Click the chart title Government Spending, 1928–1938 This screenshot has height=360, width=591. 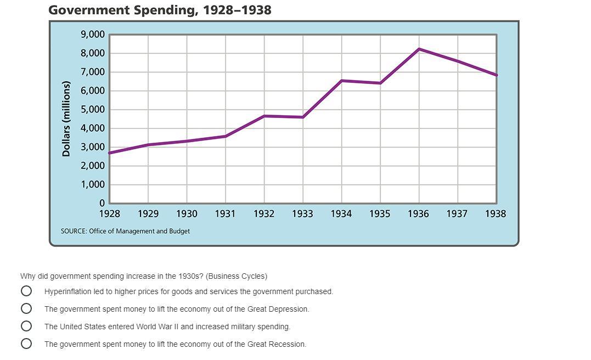click(160, 10)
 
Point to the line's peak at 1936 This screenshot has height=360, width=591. click(419, 49)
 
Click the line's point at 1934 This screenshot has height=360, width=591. click(342, 81)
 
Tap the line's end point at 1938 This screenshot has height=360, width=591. click(496, 75)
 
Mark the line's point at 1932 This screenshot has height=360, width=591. click(264, 116)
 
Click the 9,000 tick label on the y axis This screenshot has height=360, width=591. click(93, 35)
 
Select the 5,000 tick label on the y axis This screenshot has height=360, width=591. click(93, 109)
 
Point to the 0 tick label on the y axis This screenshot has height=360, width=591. click(102, 203)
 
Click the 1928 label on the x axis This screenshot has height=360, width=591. click(109, 214)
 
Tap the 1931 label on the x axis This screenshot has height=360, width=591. click(225, 214)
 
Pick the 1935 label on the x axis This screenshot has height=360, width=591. click(380, 214)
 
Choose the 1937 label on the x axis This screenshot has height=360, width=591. click(457, 214)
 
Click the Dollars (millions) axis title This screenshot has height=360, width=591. click(66, 119)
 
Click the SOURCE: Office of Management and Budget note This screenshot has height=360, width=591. click(125, 231)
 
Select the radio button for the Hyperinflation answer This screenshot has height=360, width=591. click(26, 291)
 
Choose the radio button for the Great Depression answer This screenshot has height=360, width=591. click(26, 308)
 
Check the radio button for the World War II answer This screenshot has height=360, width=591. click(26, 326)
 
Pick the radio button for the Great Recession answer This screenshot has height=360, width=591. click(26, 344)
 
